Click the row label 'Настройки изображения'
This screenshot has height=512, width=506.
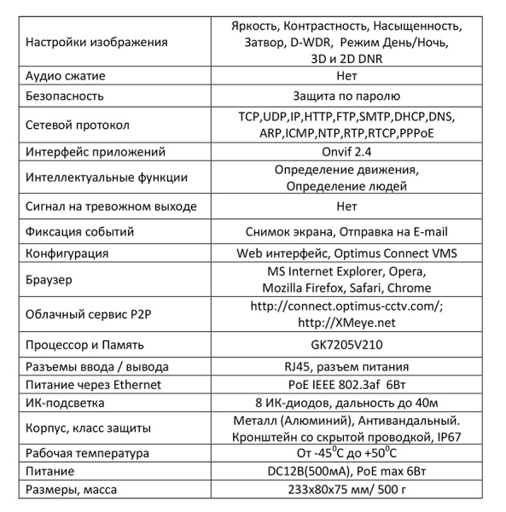[x=97, y=42]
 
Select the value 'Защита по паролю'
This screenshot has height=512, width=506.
[x=346, y=96]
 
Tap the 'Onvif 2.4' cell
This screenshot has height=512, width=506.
[x=346, y=151]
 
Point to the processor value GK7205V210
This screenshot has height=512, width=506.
[x=346, y=345]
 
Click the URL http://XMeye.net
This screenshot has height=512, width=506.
[x=346, y=323]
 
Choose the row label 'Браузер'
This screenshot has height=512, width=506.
[x=50, y=279]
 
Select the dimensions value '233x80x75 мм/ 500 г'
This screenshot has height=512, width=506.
[x=346, y=490]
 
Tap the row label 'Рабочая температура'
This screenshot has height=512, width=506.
[x=90, y=452]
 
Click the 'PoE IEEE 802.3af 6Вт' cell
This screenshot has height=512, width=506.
[x=346, y=385]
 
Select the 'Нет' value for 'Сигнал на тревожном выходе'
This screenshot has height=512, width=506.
[x=346, y=207]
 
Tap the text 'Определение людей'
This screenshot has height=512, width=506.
[x=346, y=186]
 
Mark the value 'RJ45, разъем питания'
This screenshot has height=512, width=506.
[x=346, y=366]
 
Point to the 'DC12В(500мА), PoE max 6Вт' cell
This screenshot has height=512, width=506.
[x=346, y=471]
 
